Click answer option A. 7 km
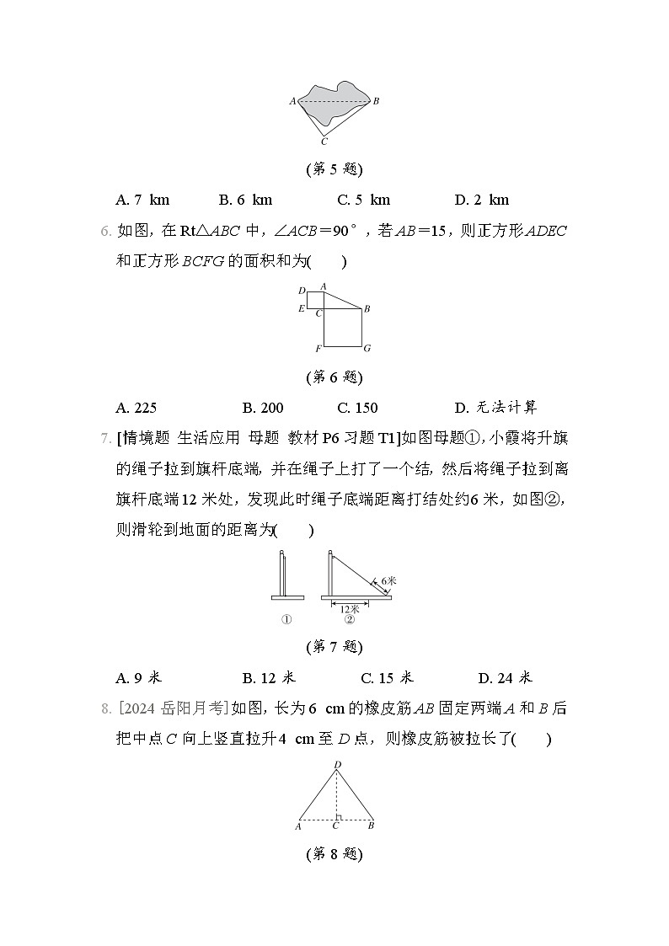[142, 200]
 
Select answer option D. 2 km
[481, 200]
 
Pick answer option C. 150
[357, 408]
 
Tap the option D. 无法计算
[495, 408]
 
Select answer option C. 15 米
[387, 677]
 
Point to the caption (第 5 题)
[334, 169]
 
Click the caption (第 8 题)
[334, 854]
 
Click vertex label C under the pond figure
[324, 142]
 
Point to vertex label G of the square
[367, 348]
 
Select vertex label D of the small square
[302, 291]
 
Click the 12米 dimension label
[349, 607]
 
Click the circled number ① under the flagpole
[286, 620]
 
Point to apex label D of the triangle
[337, 765]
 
